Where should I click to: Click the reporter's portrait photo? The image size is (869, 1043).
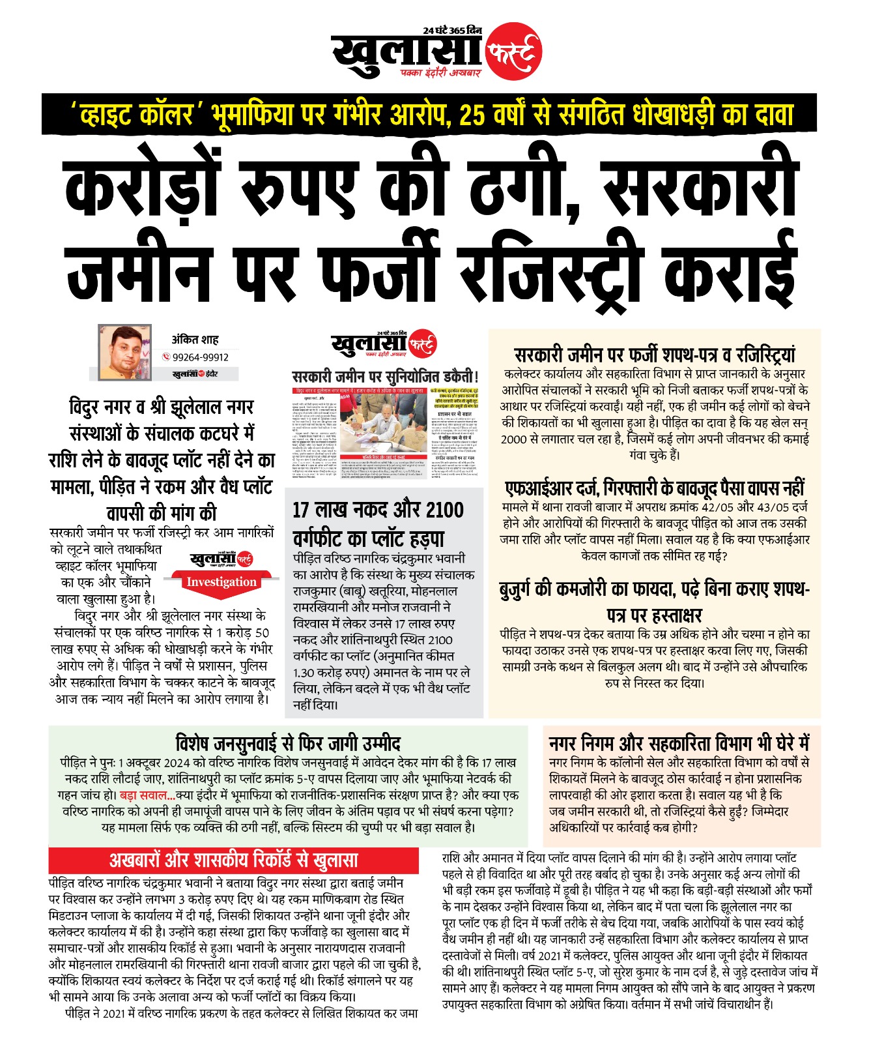(x=124, y=352)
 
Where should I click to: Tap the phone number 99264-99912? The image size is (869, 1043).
(x=201, y=357)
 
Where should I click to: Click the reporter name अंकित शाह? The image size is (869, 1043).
(x=195, y=340)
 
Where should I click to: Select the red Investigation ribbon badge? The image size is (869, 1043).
(x=221, y=582)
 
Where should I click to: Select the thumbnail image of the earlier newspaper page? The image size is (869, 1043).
(x=385, y=433)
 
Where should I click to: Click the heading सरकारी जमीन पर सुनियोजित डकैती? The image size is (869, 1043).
(x=385, y=376)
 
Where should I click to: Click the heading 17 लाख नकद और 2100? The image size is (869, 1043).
(x=378, y=509)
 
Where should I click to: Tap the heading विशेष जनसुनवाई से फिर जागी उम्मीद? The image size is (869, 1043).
(x=288, y=743)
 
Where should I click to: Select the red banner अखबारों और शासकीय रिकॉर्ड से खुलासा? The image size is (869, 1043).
(x=233, y=860)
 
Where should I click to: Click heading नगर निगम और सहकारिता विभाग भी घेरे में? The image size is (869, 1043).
(x=678, y=743)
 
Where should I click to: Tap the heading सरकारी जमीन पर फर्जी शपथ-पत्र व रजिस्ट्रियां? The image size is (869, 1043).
(x=655, y=355)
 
